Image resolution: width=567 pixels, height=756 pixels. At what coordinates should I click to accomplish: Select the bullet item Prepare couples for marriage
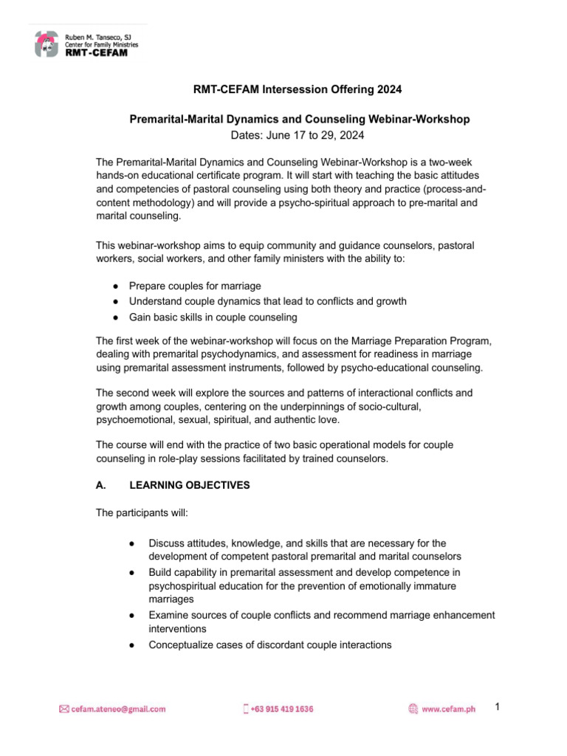tap(195, 286)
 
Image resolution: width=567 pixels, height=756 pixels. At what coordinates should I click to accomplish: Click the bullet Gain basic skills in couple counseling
tap(213, 317)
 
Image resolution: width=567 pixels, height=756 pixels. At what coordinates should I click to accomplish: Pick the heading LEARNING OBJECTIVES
tap(190, 485)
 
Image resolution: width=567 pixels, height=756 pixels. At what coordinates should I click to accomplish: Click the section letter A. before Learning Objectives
tap(102, 485)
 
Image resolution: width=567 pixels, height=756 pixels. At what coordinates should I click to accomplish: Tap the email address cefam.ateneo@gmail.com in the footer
tap(118, 709)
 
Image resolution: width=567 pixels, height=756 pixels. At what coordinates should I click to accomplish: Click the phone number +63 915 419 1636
tap(281, 709)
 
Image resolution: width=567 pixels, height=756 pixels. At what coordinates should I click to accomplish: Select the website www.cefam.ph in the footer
tap(448, 709)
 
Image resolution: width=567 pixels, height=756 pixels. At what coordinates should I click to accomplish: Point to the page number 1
tap(498, 707)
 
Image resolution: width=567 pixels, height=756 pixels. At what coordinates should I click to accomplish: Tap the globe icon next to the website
tap(413, 709)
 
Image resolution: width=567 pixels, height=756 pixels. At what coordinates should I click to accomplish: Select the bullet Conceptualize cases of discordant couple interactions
tap(269, 645)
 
